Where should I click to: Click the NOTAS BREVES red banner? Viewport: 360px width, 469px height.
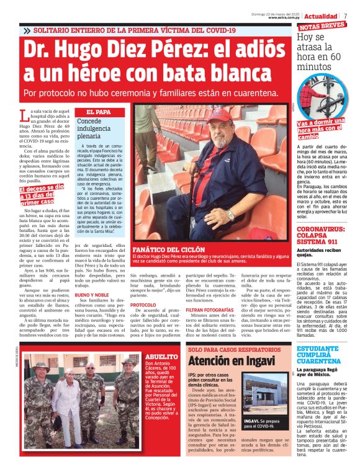[322, 27]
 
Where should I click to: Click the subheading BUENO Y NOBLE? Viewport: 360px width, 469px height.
[92, 296]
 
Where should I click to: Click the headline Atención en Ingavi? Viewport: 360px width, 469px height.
[220, 361]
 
